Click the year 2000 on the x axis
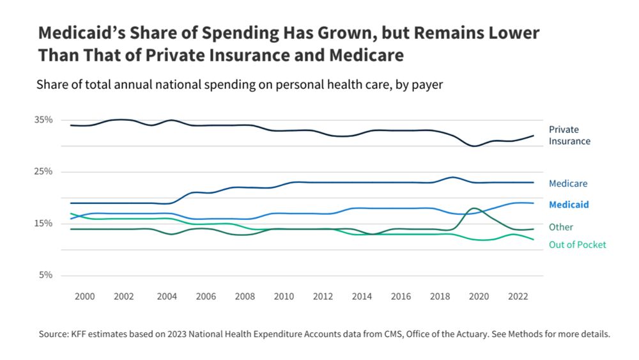pos(85,297)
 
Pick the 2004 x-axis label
pos(167,297)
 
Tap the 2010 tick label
pos(284,297)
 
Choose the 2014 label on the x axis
pos(362,297)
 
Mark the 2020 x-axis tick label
pos(479,297)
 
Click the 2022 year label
pos(518,297)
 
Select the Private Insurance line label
pos(569,135)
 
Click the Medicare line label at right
pos(568,184)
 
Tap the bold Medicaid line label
pos(569,205)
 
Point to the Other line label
pos(561,227)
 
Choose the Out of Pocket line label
pos(578,244)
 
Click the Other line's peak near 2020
pos(473,208)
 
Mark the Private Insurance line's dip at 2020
pos(474,146)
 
